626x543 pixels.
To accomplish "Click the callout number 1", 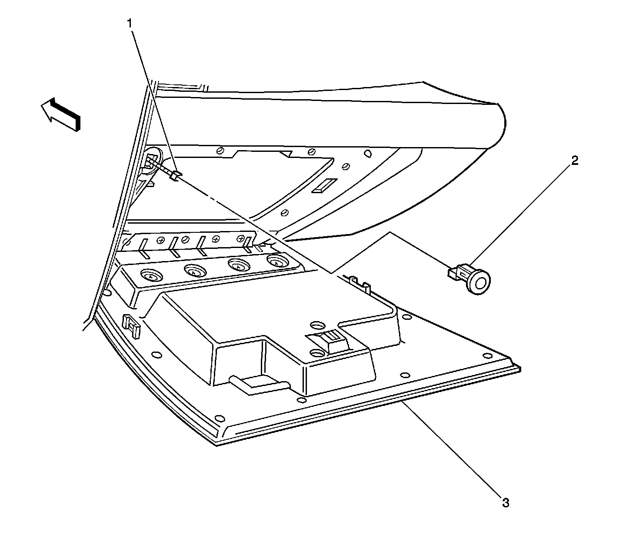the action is [x=129, y=24].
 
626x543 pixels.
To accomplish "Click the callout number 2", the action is [x=575, y=161].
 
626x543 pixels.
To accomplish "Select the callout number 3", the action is [x=505, y=503].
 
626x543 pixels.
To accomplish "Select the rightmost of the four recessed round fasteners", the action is [x=275, y=262].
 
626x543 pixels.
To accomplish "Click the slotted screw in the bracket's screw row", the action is [x=185, y=239].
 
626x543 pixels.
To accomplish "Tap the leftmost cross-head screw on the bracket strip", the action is [x=160, y=240].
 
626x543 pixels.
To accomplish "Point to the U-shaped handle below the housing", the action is [x=259, y=385].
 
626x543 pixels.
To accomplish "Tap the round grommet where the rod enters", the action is [x=152, y=157].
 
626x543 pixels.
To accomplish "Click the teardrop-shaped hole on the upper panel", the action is [x=367, y=153].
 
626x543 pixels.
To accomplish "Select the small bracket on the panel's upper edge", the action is [x=360, y=283].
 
